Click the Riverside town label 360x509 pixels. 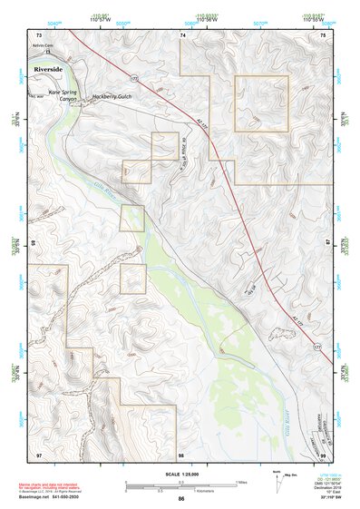pyautogui.click(x=45, y=68)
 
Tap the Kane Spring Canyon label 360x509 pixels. pyautogui.click(x=65, y=95)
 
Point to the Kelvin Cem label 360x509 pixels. pyautogui.click(x=44, y=44)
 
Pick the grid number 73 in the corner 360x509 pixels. pyautogui.click(x=39, y=34)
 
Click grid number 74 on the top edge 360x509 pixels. pyautogui.click(x=182, y=34)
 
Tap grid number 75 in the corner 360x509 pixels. pyautogui.click(x=324, y=34)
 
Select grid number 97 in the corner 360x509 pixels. pyautogui.click(x=39, y=454)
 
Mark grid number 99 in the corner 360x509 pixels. pyautogui.click(x=324, y=454)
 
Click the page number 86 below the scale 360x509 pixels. pyautogui.click(x=181, y=499)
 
